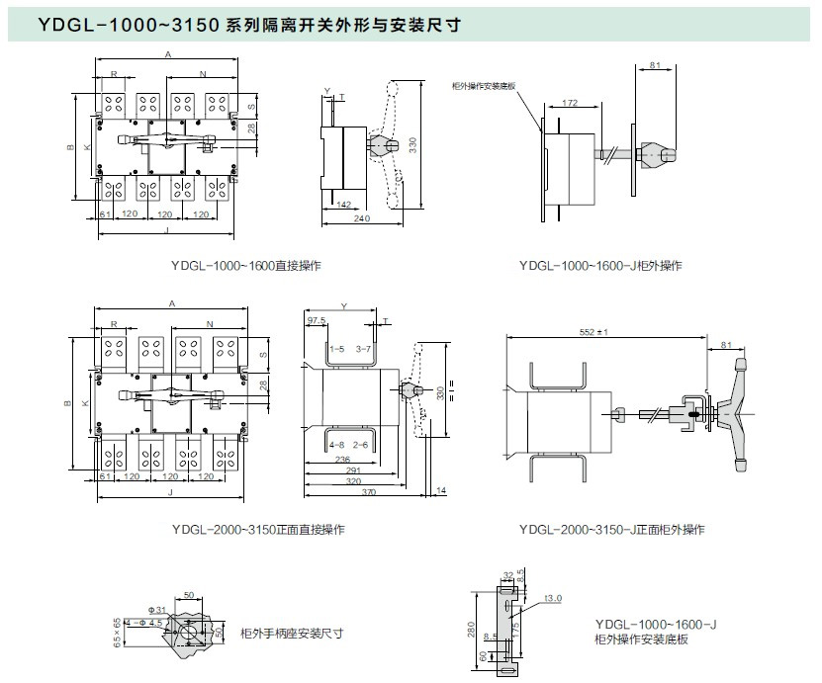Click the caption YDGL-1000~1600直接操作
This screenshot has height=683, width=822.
pos(245,266)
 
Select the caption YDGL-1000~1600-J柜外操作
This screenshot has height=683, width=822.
pos(600,266)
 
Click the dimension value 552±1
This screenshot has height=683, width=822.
pos(594,332)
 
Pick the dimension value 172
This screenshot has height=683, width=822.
pos(569,103)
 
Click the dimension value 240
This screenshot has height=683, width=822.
pos(362,218)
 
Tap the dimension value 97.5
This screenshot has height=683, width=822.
pos(317,321)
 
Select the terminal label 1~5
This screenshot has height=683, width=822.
pos(337,350)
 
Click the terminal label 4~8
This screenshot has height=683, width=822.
pos(337,445)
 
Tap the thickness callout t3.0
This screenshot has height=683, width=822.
pos(554,598)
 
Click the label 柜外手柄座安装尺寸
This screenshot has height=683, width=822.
pos(292,633)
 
